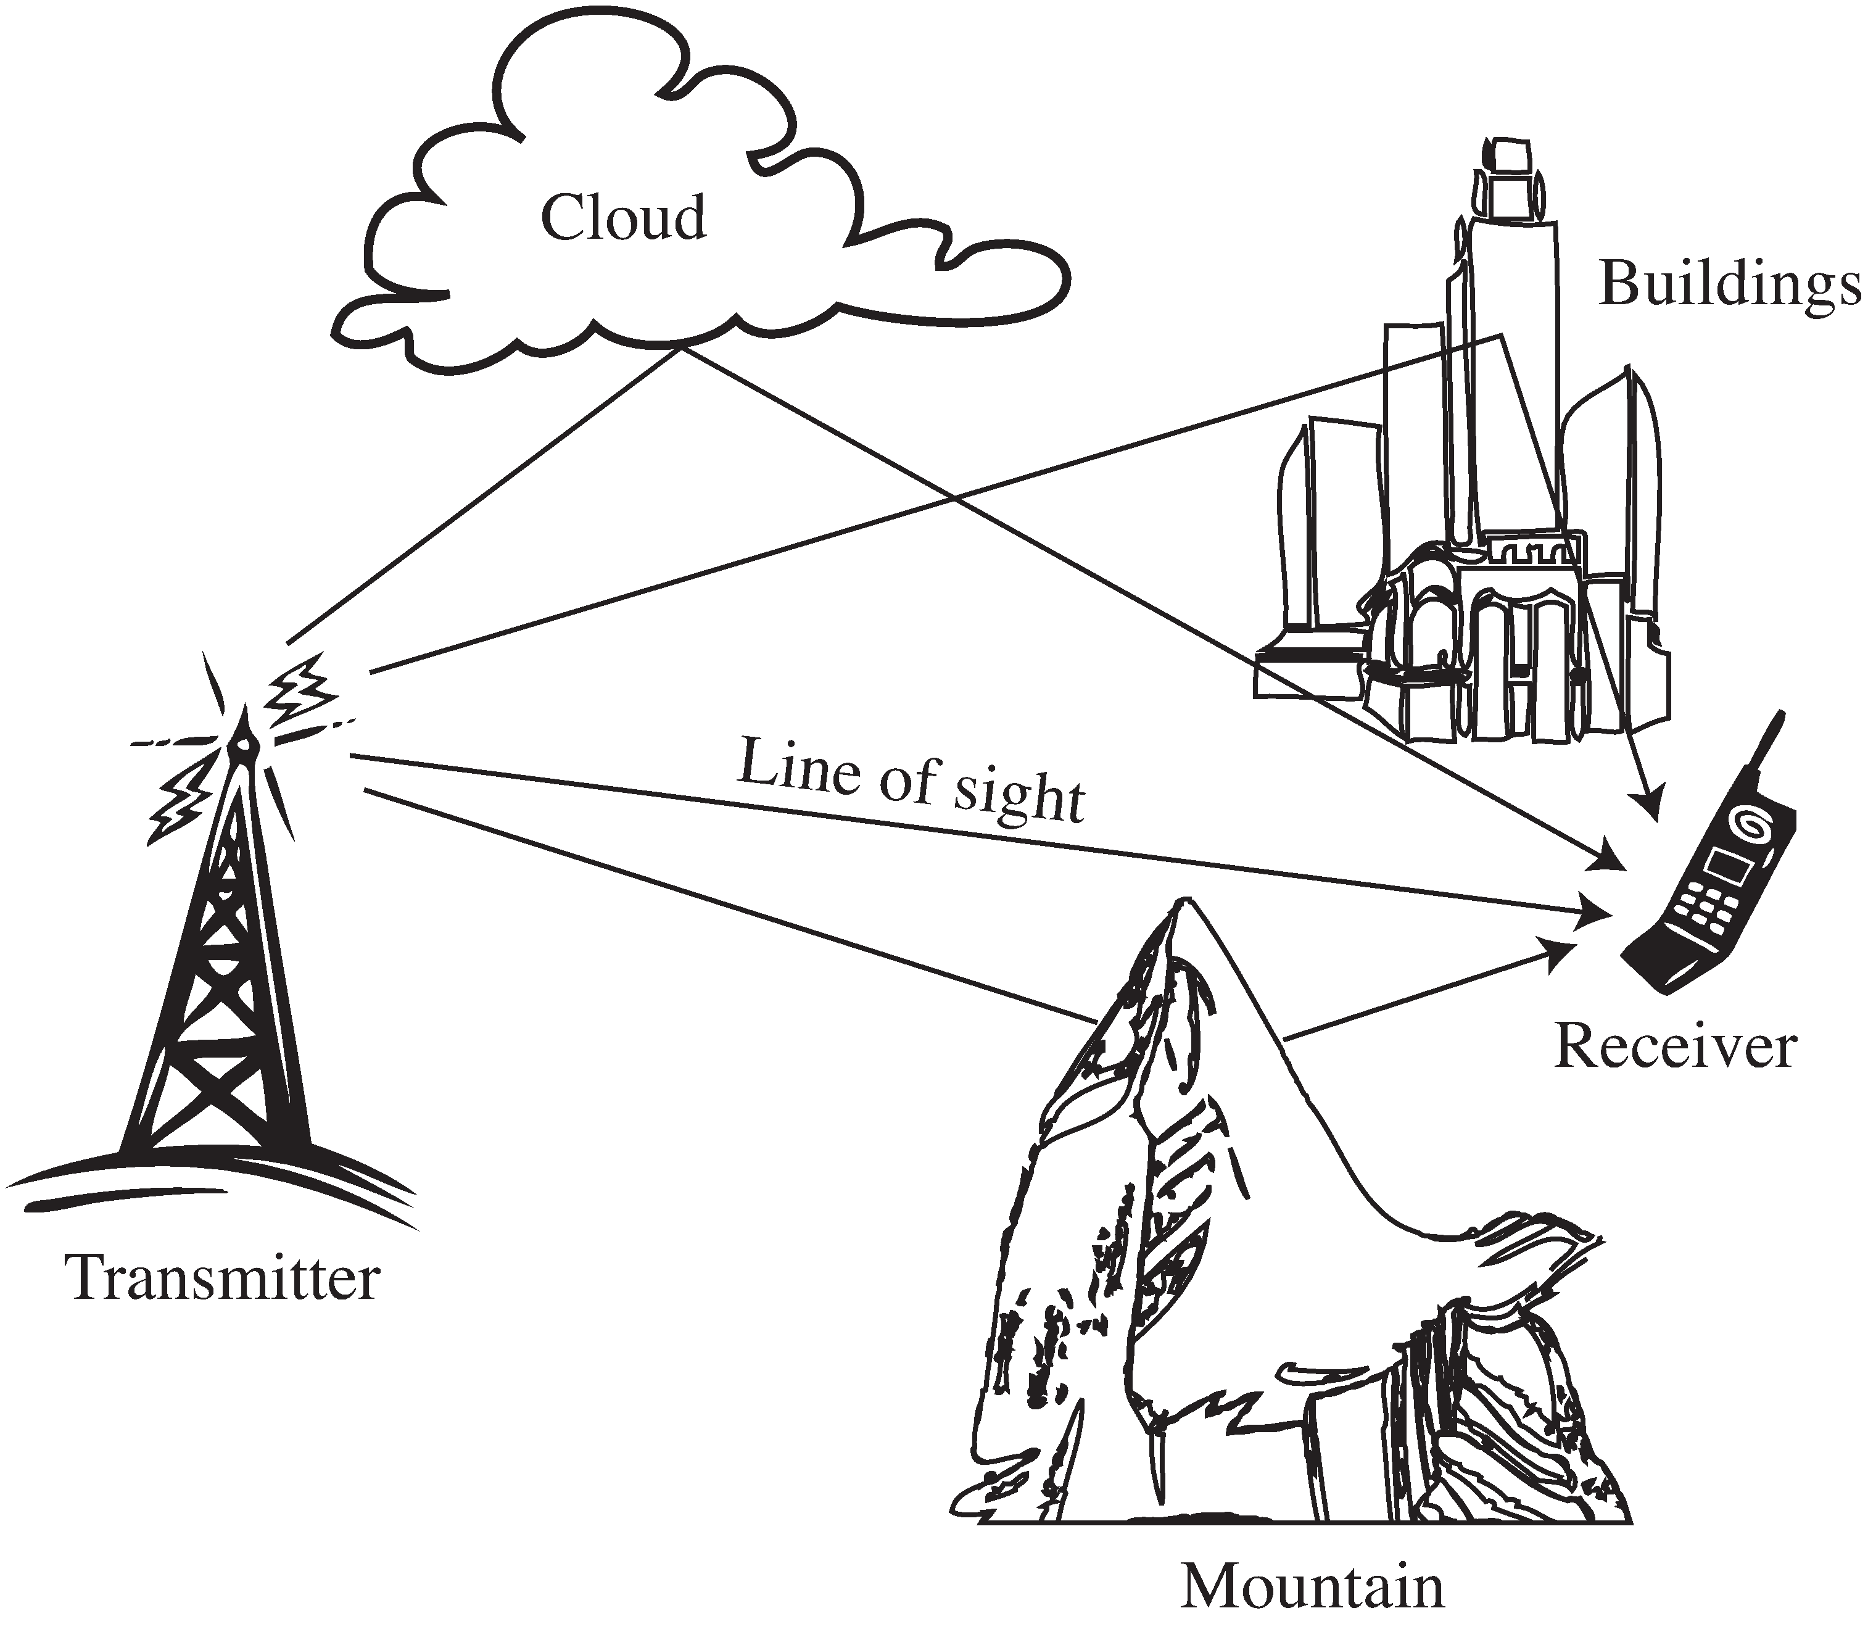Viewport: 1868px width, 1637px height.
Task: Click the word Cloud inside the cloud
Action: (624, 218)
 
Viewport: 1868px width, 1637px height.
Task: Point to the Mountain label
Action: (1313, 1588)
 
